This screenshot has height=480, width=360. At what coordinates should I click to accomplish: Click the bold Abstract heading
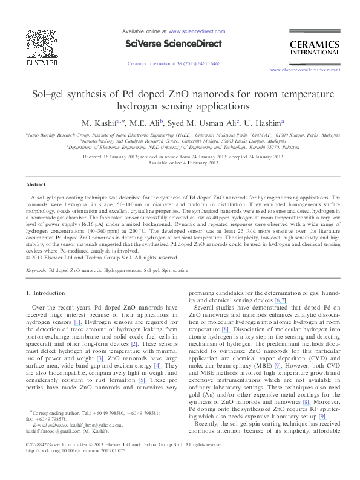click(36, 184)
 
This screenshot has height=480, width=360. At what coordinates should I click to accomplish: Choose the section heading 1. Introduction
click(45, 293)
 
